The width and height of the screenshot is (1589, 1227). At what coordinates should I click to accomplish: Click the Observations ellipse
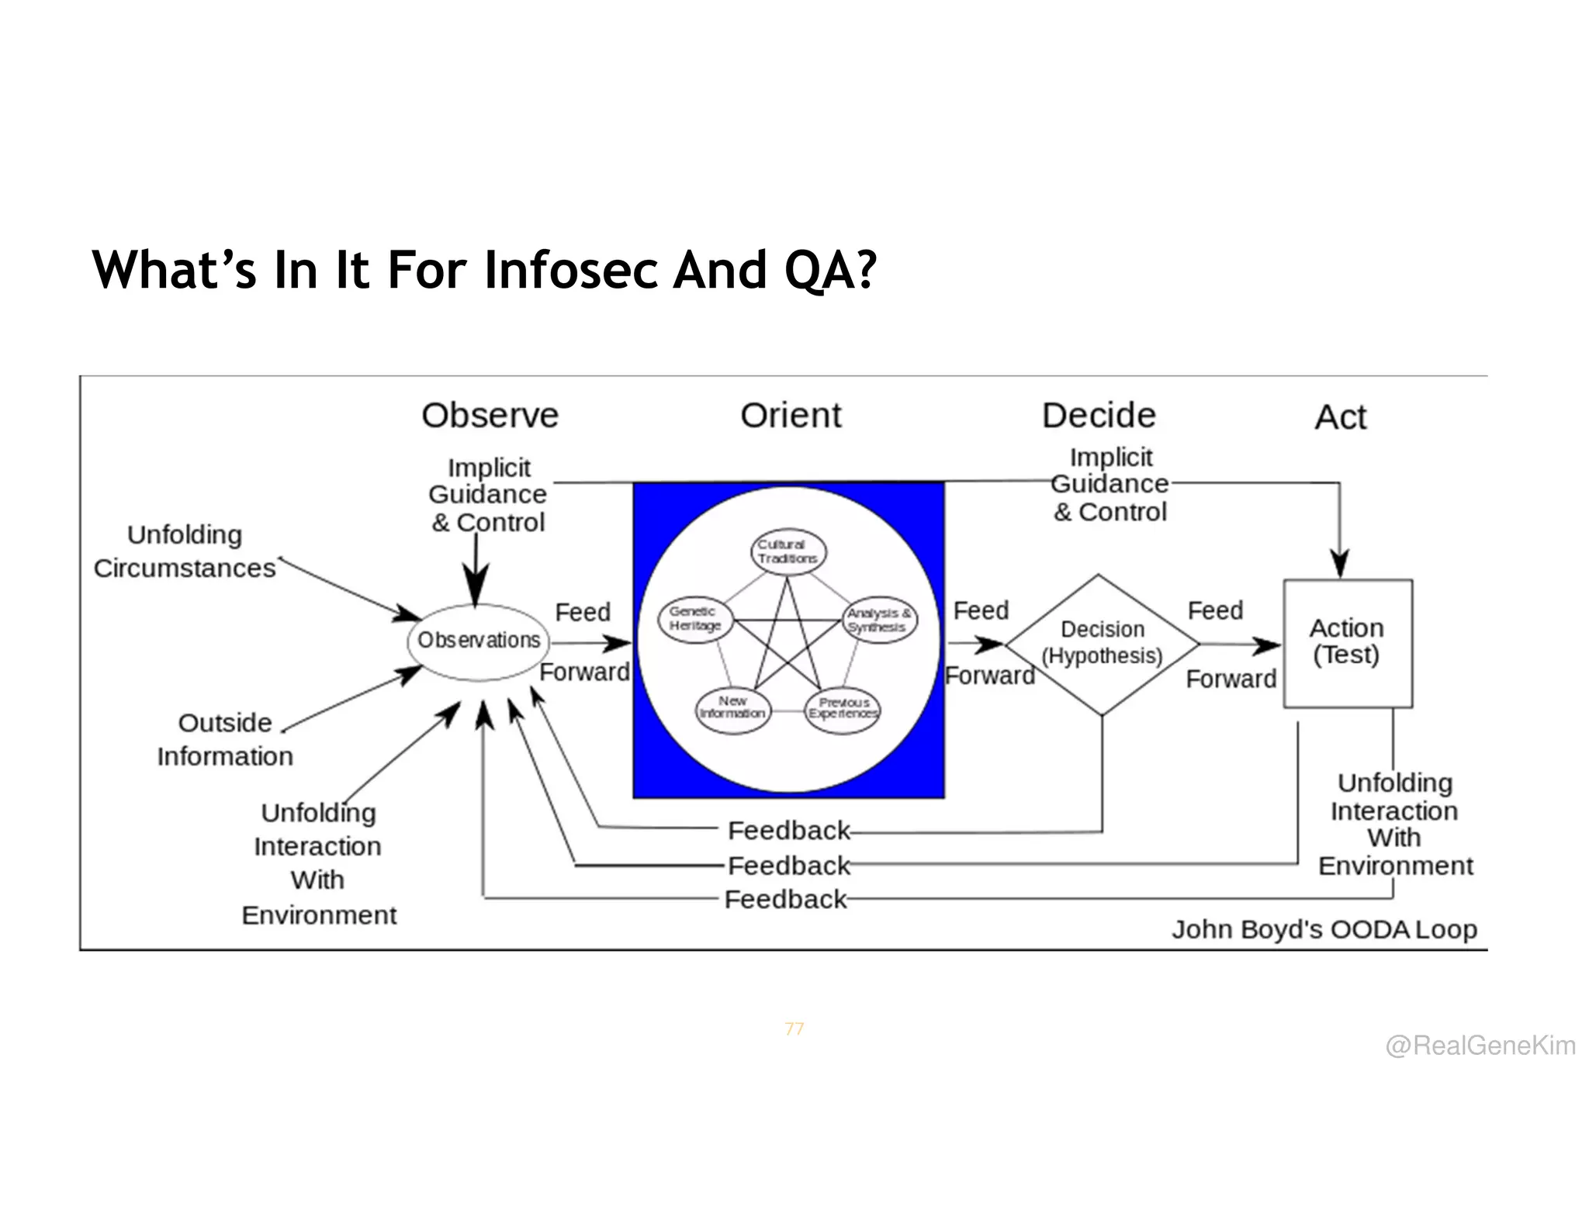478,641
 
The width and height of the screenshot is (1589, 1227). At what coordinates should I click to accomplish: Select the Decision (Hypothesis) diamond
1102,644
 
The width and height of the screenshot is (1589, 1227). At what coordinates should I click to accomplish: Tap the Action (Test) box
1347,643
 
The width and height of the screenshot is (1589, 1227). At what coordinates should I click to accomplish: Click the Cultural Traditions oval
788,551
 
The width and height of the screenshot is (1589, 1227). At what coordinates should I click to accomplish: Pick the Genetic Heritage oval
696,619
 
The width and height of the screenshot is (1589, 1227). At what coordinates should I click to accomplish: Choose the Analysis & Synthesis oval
879,620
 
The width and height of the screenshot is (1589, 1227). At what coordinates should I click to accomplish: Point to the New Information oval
732,708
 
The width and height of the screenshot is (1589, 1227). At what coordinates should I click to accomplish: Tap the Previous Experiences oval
843,709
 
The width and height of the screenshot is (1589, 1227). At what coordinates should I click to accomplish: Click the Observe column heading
490,416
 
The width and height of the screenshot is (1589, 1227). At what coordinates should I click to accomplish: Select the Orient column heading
791,416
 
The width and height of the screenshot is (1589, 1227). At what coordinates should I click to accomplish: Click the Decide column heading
1099,416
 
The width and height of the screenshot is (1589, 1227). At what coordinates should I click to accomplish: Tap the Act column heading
1340,417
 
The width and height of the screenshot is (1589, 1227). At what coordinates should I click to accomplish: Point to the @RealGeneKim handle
1480,1046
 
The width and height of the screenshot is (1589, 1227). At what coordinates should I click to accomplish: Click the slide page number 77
794,1028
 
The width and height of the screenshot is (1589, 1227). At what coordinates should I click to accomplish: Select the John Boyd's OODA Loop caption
1324,929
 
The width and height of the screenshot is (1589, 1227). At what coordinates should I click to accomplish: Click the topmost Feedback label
788,831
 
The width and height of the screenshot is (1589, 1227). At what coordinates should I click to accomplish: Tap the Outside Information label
225,739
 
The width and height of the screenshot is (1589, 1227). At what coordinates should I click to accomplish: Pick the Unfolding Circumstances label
185,551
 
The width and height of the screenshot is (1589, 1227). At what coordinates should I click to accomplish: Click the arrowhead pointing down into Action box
1339,563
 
